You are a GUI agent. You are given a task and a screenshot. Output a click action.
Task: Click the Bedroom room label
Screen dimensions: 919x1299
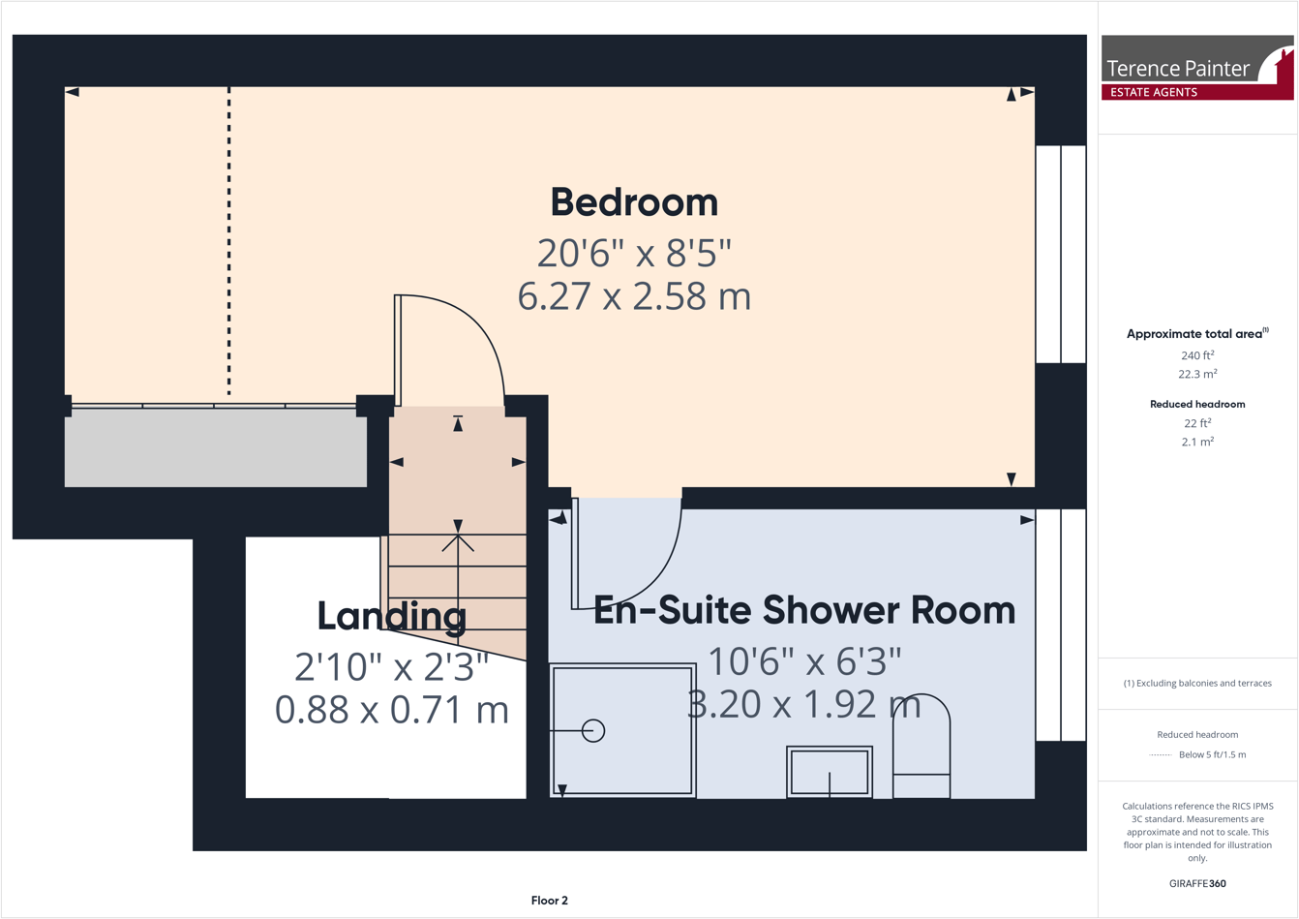pos(634,202)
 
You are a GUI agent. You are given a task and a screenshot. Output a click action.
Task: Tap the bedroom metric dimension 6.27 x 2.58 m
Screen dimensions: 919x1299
pos(634,296)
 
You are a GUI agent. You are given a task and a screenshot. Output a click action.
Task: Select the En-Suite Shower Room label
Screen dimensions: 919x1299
pos(803,610)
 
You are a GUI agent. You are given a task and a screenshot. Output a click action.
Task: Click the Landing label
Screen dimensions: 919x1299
pos(391,616)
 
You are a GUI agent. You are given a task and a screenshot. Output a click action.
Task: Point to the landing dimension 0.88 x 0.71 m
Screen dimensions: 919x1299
pos(391,710)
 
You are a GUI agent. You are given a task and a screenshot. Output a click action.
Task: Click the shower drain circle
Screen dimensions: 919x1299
pos(593,731)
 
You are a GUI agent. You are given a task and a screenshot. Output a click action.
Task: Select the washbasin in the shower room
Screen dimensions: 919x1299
pos(830,772)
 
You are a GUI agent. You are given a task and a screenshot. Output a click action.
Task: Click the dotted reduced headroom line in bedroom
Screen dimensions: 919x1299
pos(229,242)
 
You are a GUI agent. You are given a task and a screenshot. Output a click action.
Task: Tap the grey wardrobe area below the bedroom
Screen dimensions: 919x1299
pos(215,448)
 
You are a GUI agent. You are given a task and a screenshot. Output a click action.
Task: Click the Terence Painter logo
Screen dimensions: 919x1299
pos(1196,68)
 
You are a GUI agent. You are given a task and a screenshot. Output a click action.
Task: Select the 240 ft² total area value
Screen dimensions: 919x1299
pos(1197,355)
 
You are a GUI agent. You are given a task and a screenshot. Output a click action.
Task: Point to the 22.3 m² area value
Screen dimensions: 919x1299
pos(1197,374)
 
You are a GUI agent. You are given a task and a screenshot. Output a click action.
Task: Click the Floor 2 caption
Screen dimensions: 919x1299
pos(549,901)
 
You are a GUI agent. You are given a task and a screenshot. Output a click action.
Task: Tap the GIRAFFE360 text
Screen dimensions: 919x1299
pos(1197,883)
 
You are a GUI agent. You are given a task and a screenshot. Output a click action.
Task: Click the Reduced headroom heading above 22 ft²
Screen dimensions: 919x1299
pos(1197,404)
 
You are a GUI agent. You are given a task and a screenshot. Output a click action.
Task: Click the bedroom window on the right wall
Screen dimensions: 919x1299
pos(1061,254)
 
